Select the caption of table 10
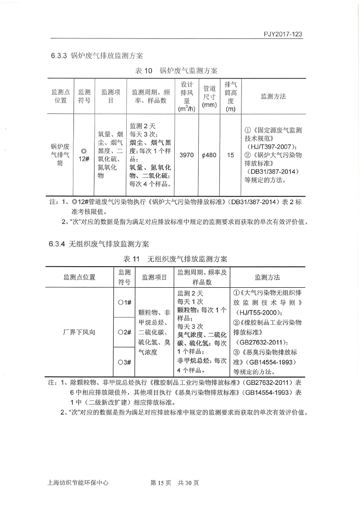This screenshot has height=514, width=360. (176, 71)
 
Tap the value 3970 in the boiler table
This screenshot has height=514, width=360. (186, 155)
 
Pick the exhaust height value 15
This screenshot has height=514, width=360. (230, 155)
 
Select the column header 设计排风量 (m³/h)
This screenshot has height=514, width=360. (186, 97)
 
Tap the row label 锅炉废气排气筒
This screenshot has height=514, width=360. (60, 155)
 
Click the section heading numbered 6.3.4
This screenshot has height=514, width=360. (100, 244)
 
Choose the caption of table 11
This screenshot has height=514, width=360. (175, 259)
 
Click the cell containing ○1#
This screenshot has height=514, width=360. (124, 302)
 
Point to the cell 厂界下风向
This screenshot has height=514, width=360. (79, 332)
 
